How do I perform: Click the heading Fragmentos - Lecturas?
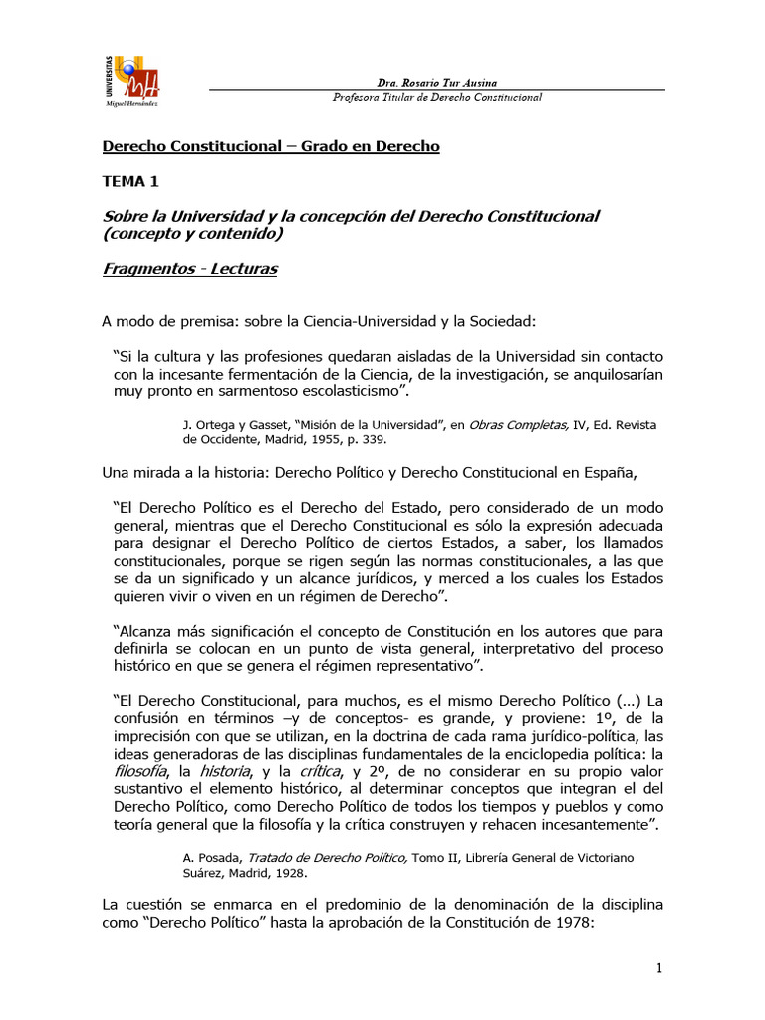pos(189,270)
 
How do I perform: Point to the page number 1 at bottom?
pos(659,968)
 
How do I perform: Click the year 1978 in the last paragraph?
pos(572,923)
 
